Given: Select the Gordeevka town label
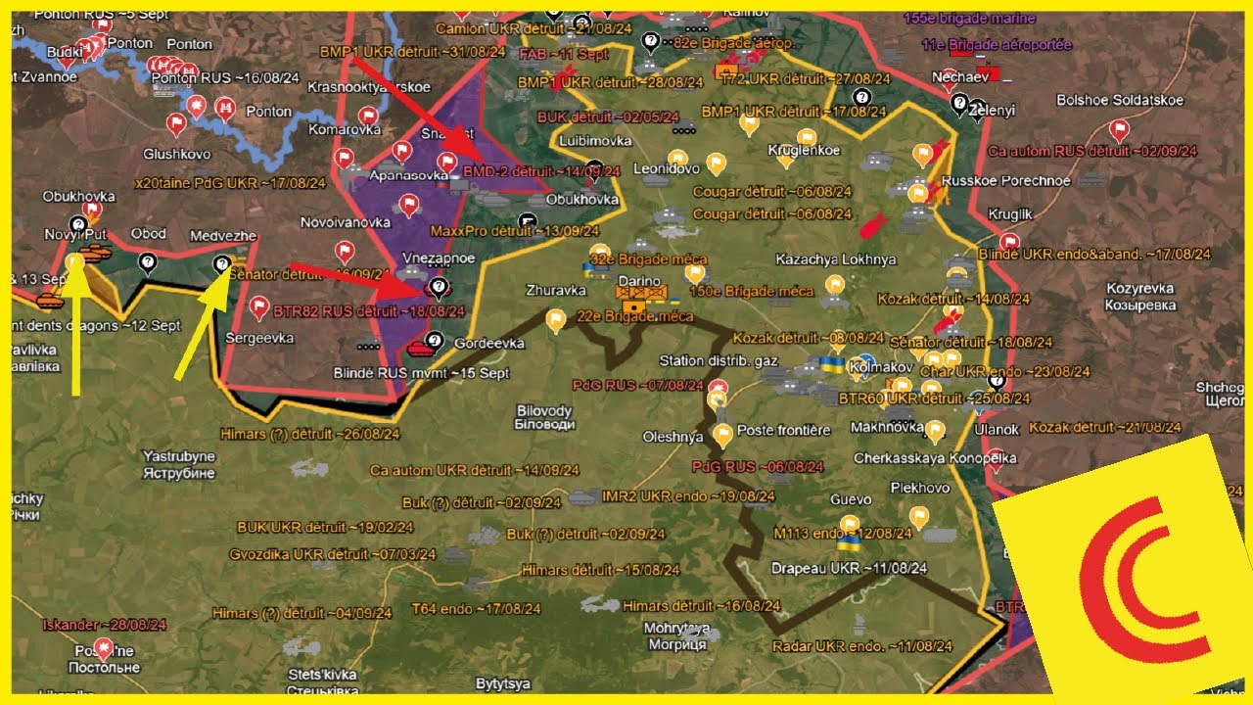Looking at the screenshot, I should [489, 344].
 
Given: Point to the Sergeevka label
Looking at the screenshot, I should [259, 338].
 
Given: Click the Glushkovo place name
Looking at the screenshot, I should [176, 154].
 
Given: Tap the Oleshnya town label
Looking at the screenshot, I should [673, 437].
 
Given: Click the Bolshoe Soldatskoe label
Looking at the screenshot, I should [1120, 101].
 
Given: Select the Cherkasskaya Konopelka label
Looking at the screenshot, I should [935, 458].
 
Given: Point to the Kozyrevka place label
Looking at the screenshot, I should [1140, 289].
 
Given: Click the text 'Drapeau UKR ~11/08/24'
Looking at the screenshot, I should [849, 568].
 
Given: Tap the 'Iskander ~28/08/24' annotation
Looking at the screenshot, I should [89, 625].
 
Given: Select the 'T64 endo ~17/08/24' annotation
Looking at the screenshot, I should [476, 608].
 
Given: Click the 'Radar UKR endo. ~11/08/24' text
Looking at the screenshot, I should [861, 646].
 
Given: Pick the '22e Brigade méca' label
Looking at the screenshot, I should [635, 316].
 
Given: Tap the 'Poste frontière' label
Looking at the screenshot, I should [783, 431].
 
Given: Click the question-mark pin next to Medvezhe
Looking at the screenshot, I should [222, 262].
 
